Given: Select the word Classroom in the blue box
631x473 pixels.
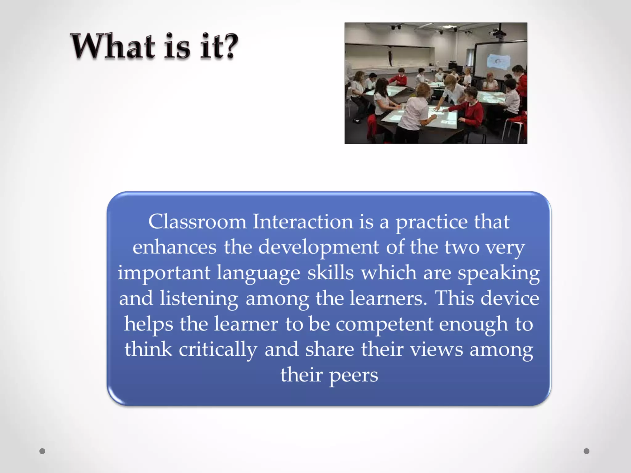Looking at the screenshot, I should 197,222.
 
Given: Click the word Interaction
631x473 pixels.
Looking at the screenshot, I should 303,222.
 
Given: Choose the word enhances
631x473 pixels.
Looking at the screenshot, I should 174,247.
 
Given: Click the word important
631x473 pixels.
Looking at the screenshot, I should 164,273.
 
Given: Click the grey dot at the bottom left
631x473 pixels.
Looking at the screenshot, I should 42,451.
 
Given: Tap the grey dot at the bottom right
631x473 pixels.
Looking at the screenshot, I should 586,451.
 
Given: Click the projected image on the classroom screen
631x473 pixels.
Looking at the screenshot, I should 498,61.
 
